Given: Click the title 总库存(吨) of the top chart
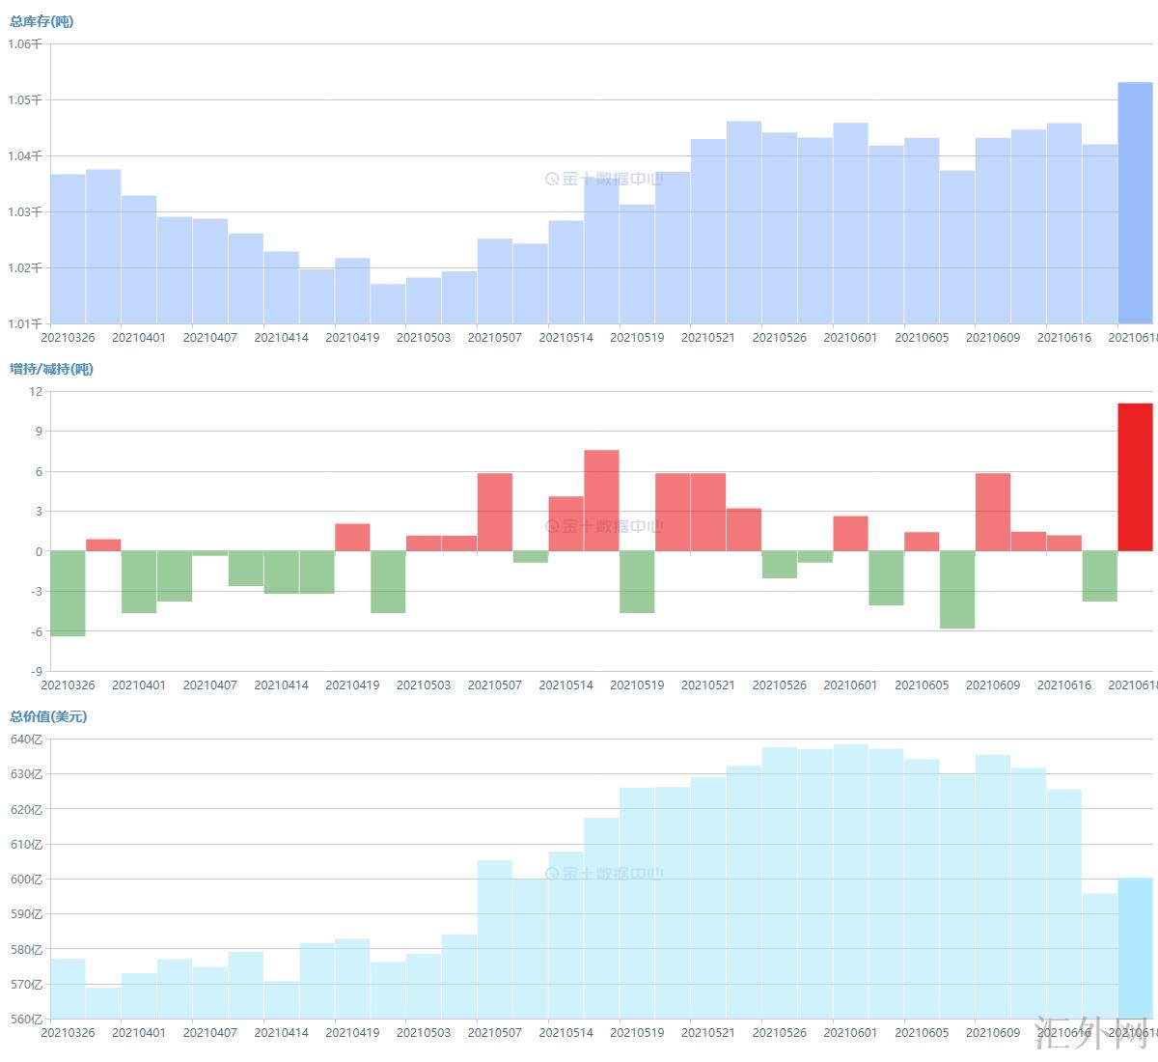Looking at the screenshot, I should click(41, 21).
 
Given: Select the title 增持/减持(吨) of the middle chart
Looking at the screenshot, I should click(51, 369).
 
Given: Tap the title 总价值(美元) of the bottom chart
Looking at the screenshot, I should click(48, 716).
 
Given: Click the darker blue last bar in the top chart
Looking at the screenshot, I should click(1135, 203).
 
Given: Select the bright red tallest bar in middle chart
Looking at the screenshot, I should click(1135, 477).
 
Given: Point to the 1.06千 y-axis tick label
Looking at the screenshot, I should click(25, 44).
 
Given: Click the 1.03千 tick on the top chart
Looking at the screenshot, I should click(25, 211).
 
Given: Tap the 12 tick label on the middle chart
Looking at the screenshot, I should click(36, 391).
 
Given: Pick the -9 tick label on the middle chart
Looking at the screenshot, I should click(36, 671).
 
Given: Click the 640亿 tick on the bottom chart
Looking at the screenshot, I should click(26, 740).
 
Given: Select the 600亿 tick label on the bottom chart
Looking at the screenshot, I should click(26, 880).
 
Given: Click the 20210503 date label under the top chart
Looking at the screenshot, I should click(424, 338).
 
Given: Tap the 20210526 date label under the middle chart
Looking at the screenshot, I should click(780, 685).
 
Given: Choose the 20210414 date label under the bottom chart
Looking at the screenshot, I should click(282, 1033).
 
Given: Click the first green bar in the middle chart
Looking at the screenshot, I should click(68, 594).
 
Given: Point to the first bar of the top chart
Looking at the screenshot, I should click(68, 249).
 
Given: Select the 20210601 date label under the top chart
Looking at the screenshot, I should click(850, 338).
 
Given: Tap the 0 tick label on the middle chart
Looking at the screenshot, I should click(39, 552).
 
